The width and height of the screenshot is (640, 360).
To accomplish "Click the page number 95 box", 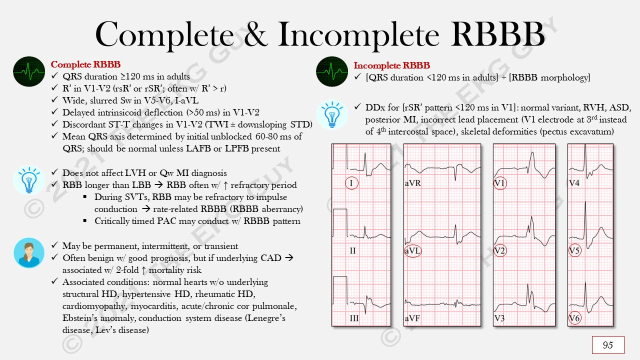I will (x=608, y=345).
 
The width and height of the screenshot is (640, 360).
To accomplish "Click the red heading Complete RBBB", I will (x=85, y=65).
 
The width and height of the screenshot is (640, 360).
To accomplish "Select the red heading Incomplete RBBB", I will (x=391, y=65).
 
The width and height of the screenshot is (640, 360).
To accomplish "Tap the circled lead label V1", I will (x=499, y=183).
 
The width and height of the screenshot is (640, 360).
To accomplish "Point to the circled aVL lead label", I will (x=412, y=251).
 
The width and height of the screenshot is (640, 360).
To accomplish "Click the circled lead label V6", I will (x=574, y=318).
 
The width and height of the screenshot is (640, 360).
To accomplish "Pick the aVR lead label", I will (x=412, y=183).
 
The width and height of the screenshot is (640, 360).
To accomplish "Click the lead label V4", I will (x=574, y=183).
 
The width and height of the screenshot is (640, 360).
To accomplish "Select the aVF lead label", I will (x=412, y=318).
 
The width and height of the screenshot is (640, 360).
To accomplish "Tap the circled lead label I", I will (x=351, y=183).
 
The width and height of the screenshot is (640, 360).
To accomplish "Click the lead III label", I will (x=353, y=318).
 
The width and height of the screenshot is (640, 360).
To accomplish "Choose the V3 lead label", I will (x=499, y=318).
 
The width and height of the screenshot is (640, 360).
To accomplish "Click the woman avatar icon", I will (x=29, y=252).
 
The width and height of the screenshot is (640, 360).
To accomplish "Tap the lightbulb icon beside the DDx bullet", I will (x=332, y=115).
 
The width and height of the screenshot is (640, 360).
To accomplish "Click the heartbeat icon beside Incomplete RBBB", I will (x=332, y=71).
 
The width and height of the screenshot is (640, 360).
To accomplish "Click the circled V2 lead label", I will (x=499, y=251).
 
